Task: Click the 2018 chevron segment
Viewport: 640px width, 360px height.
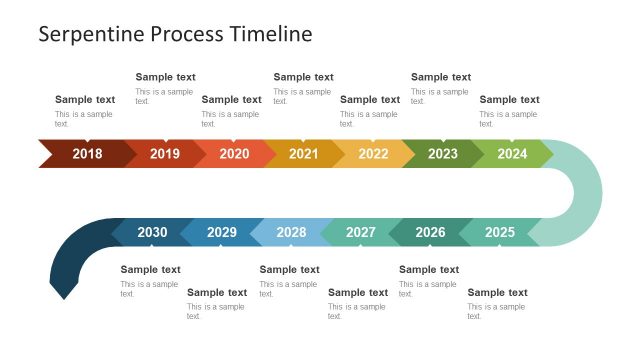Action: (x=87, y=154)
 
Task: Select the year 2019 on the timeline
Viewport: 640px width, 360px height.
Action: (x=165, y=154)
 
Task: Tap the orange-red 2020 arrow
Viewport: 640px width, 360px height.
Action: (x=234, y=154)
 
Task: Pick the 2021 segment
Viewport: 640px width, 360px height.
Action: (x=303, y=154)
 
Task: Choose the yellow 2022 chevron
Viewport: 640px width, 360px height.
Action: (x=373, y=154)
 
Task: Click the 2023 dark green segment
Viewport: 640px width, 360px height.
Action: (x=442, y=154)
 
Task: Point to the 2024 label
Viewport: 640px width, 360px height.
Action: (x=512, y=154)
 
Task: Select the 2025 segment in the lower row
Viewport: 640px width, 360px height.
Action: (x=500, y=233)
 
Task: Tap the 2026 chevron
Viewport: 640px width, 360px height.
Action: (x=430, y=233)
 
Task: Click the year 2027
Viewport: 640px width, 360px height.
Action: (x=361, y=233)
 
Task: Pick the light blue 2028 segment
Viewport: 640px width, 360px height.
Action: (x=291, y=233)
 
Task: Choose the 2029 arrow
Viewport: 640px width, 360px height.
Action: (x=222, y=233)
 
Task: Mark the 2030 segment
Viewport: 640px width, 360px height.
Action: (x=152, y=233)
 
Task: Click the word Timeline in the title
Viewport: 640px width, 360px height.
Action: (x=272, y=34)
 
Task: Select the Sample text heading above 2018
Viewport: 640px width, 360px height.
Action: (x=85, y=100)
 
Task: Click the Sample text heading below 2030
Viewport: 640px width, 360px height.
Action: (x=150, y=270)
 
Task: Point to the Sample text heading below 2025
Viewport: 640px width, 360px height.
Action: (x=497, y=293)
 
